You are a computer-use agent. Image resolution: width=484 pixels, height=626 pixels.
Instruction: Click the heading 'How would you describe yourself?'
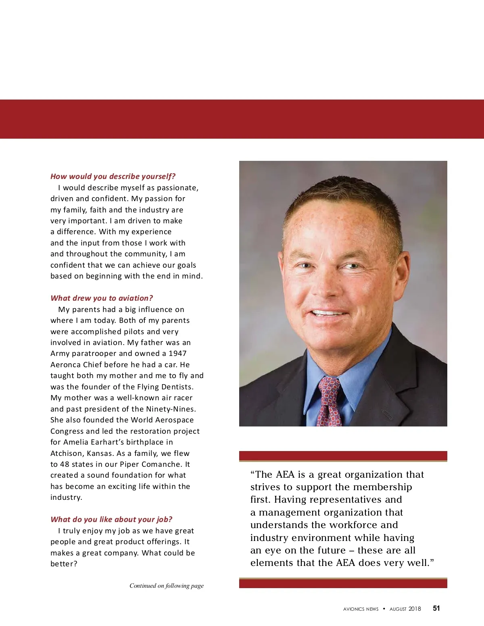pos(113,177)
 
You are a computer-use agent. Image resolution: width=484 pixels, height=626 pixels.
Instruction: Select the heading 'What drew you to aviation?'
pos(102,298)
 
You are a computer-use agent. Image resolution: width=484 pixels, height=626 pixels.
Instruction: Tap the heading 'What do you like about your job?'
pos(111,520)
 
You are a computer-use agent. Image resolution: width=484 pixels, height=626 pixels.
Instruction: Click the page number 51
pos(436,609)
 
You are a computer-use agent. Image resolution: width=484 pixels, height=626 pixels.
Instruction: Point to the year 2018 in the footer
pos(415,609)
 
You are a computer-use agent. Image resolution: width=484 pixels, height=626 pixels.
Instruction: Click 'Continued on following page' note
pos(167,586)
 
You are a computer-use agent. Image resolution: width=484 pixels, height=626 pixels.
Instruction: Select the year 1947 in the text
pos(177,354)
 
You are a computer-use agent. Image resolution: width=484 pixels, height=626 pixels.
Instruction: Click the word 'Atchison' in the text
pos(67,453)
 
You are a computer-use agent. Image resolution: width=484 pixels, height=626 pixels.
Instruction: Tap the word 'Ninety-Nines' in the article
pos(171,409)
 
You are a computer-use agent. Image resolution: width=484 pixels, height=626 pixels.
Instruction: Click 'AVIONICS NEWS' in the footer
pos(361,609)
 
